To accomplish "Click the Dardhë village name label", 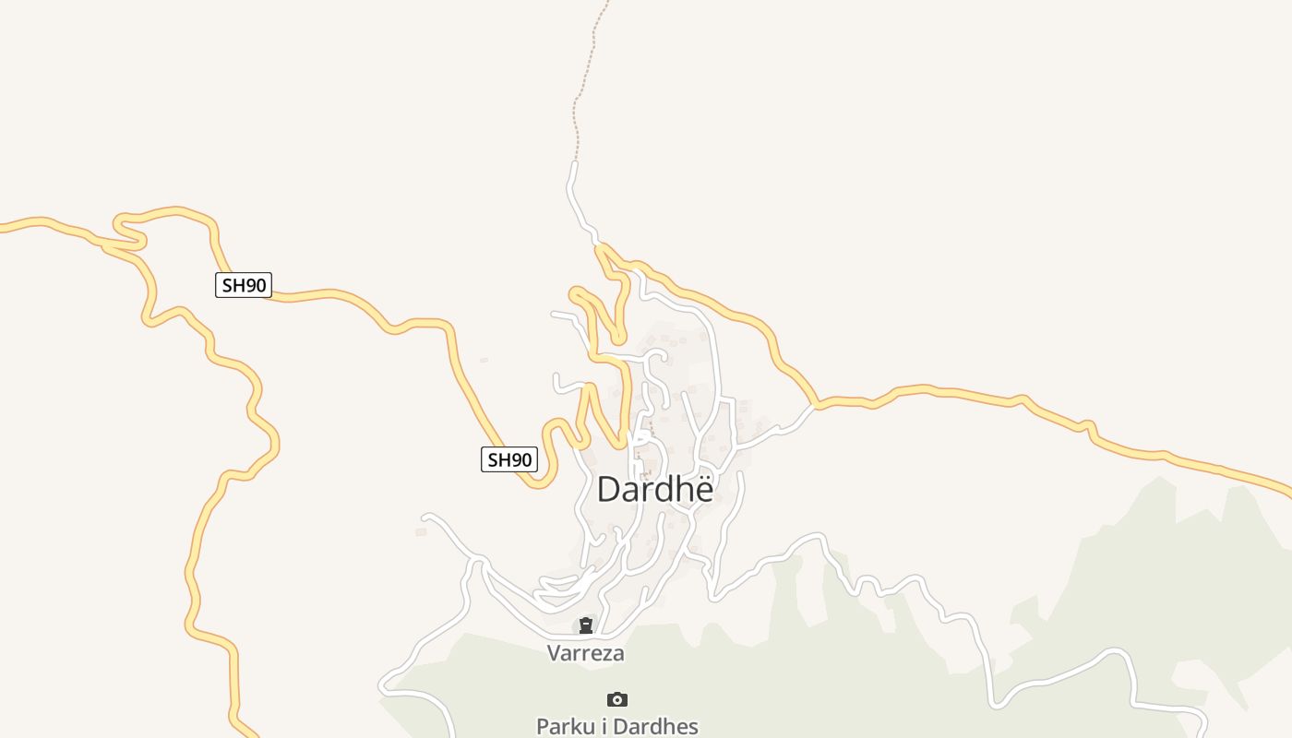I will (x=654, y=489).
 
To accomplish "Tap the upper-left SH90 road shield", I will (x=244, y=285).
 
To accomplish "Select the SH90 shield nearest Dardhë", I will (x=508, y=459).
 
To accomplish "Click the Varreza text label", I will (x=585, y=653).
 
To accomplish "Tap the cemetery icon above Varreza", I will (x=585, y=626).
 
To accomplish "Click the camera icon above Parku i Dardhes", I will (x=616, y=699).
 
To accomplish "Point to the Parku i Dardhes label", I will (x=616, y=726).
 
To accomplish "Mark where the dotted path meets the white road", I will (x=575, y=162).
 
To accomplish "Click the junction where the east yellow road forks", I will (x=816, y=404).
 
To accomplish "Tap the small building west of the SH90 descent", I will (x=484, y=360).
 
